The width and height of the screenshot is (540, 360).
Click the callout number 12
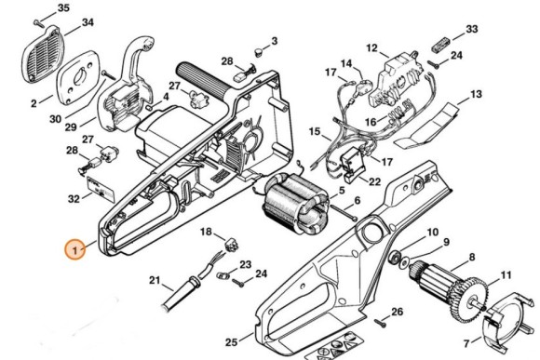pos(371,47)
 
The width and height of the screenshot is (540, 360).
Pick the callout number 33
pos(472,30)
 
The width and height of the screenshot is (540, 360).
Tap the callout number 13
pos(476,95)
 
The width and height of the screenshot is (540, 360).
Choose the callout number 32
pos(74,199)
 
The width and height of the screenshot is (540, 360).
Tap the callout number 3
pos(275,41)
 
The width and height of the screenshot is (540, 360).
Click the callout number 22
pos(375,181)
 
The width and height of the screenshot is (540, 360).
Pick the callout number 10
pos(432,233)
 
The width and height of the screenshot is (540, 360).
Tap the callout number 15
pos(314,131)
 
